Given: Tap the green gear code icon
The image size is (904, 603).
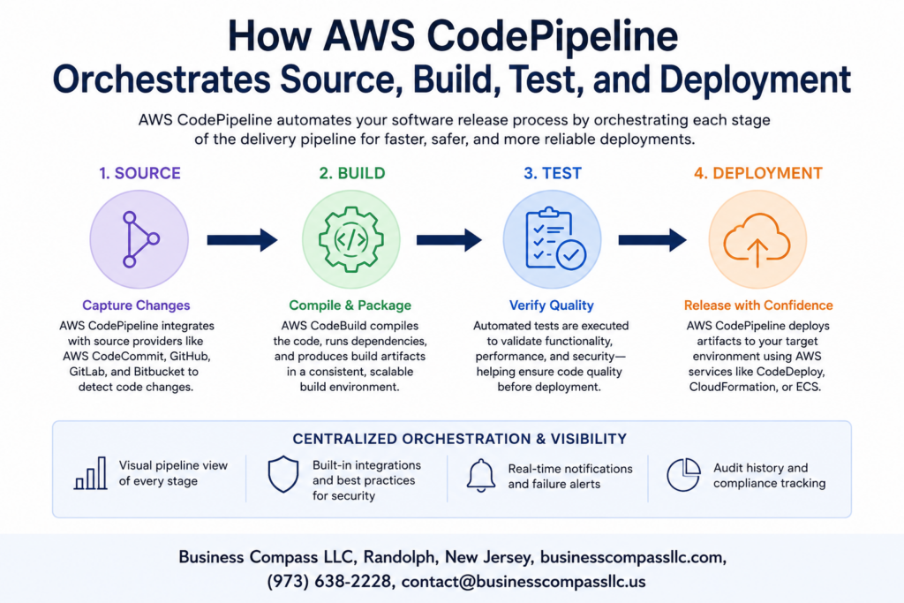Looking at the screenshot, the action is click(x=351, y=239).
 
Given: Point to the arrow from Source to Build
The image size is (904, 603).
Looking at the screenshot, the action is click(x=242, y=240).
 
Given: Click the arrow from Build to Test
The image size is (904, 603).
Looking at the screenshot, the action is click(x=449, y=240).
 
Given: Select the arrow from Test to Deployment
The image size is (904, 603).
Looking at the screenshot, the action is click(x=652, y=240).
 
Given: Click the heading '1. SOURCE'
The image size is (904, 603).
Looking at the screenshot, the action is click(x=139, y=173).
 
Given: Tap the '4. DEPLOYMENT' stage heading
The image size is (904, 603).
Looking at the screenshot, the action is click(x=757, y=173).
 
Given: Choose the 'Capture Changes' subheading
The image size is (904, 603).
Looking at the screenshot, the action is click(x=136, y=305).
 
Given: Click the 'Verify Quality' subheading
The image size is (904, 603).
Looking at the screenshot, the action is click(x=551, y=305).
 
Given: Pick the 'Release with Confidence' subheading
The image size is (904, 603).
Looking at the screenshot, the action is click(x=758, y=305).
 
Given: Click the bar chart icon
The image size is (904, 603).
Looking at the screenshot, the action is click(x=91, y=473).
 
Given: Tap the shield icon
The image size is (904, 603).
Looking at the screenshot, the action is click(x=283, y=474).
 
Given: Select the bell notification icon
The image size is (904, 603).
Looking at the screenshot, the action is click(x=481, y=476).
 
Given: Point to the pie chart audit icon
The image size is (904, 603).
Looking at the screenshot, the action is click(x=683, y=474).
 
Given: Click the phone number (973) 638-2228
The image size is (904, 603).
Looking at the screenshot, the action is click(x=329, y=581).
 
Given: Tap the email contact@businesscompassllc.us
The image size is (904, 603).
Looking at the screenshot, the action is click(x=524, y=581).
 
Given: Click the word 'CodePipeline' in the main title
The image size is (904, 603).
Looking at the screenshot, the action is click(x=553, y=35).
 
